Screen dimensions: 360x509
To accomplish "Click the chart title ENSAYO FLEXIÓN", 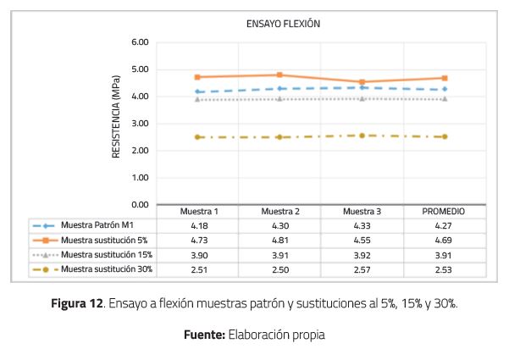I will [x=283, y=24].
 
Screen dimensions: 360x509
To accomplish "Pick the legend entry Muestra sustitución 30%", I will [x=107, y=269].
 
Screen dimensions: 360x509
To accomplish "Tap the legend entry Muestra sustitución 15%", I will [x=107, y=255].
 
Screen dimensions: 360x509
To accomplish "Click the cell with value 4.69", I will [x=445, y=241].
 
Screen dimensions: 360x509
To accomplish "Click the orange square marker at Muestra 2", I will [x=279, y=75].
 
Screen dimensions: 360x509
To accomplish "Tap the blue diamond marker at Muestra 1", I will [x=196, y=91].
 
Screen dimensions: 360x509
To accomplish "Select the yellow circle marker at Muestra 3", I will [x=362, y=136].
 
